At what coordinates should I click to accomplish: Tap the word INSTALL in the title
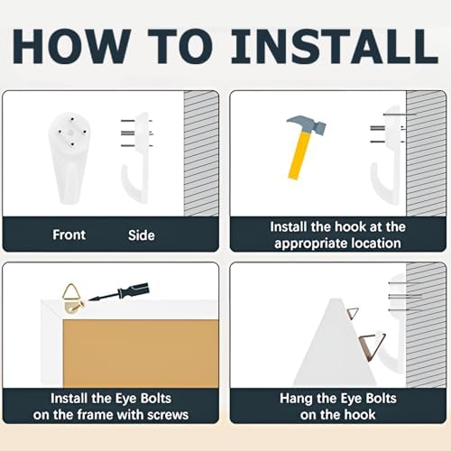[335, 46]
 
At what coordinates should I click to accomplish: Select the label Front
[69, 235]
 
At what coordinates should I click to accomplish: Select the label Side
[142, 235]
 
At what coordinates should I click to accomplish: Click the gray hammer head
[308, 124]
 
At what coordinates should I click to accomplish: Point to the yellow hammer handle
[299, 156]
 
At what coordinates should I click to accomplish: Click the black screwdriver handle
[134, 290]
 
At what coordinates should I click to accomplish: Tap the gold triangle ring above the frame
[71, 291]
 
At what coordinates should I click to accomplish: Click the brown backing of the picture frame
[141, 354]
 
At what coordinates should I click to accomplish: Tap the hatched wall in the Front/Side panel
[201, 153]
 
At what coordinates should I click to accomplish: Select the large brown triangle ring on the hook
[372, 345]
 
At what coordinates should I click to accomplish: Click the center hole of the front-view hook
[70, 133]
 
